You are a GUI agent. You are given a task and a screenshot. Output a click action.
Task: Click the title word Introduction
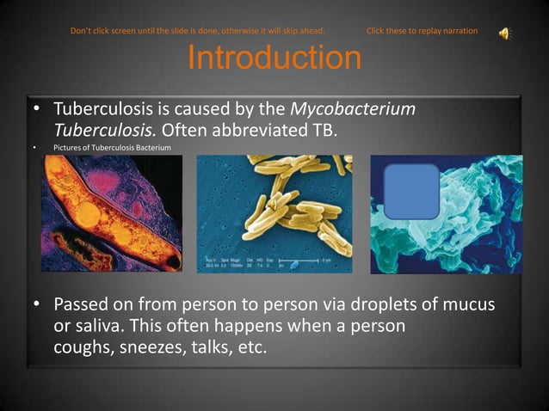(x=274, y=58)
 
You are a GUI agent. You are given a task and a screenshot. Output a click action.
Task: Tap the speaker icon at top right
(x=505, y=33)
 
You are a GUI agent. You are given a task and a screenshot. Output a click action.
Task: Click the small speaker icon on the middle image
(x=273, y=205)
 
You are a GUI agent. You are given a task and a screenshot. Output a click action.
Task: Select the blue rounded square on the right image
(x=411, y=191)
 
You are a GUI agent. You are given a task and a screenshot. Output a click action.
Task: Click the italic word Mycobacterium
(x=354, y=111)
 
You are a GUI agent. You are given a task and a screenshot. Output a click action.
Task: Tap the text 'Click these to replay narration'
(x=422, y=32)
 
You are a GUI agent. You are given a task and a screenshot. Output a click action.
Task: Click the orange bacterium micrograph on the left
(x=112, y=213)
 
